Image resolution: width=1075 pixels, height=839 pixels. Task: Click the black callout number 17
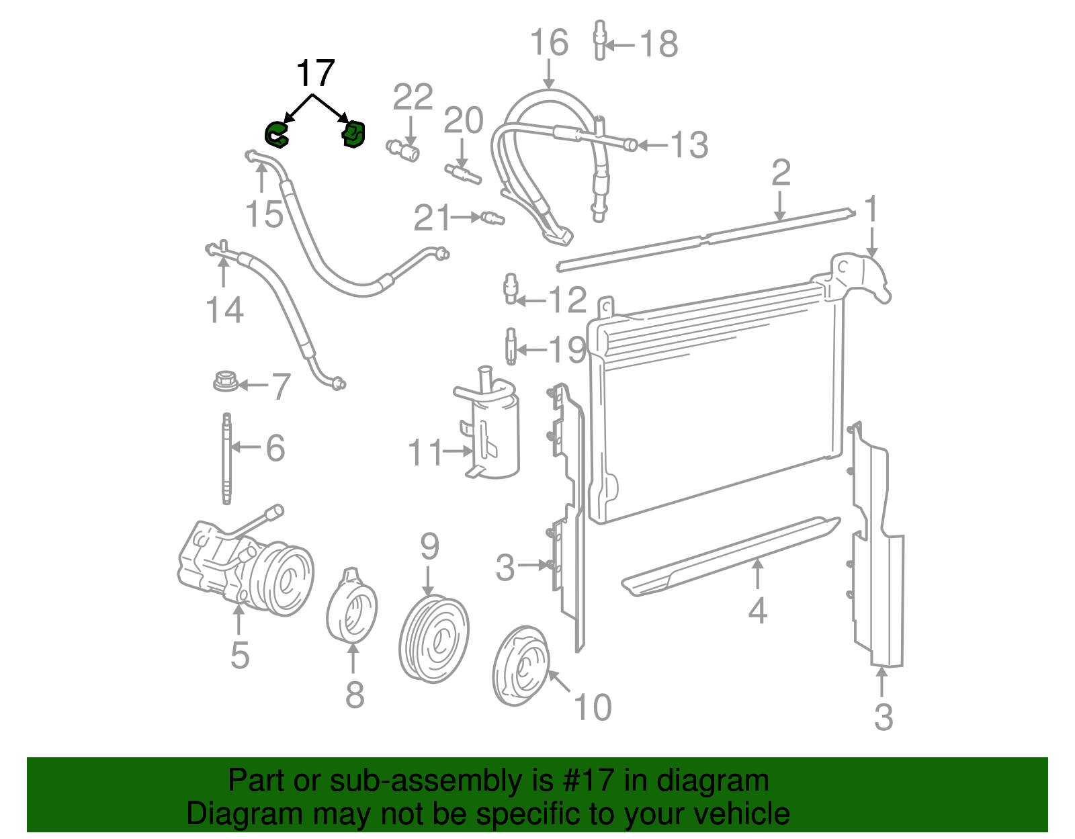pyautogui.click(x=315, y=73)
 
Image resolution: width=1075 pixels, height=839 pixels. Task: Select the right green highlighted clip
pyautogui.click(x=353, y=134)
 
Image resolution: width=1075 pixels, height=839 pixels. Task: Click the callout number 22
pyautogui.click(x=413, y=98)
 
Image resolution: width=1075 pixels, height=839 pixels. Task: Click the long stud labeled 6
pyautogui.click(x=227, y=458)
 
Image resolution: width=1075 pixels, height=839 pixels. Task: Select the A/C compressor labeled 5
pyautogui.click(x=245, y=566)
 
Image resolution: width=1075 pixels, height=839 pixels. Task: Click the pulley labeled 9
pyautogui.click(x=433, y=638)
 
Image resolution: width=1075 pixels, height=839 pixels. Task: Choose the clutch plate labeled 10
pyautogui.click(x=521, y=666)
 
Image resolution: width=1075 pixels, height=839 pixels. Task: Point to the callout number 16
pyautogui.click(x=549, y=43)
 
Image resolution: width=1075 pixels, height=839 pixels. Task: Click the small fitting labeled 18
pyautogui.click(x=599, y=40)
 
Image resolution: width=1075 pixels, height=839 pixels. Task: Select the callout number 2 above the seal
pyautogui.click(x=781, y=173)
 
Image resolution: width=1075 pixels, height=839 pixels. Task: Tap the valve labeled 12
pyautogui.click(x=511, y=289)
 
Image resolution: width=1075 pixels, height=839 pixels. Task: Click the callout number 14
pyautogui.click(x=224, y=310)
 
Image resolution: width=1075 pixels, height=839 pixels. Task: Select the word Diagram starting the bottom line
pyautogui.click(x=226, y=814)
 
